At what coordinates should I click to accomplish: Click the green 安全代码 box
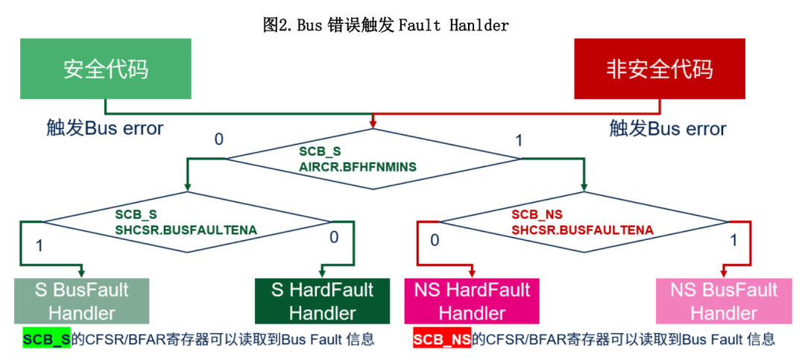pyautogui.click(x=105, y=69)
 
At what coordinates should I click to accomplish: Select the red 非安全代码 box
pyautogui.click(x=659, y=69)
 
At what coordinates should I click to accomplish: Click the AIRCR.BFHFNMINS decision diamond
pyautogui.click(x=373, y=159)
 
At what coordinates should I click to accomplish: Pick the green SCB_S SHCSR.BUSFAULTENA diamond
pyautogui.click(x=186, y=222)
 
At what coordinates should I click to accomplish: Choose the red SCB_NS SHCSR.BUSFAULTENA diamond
pyautogui.click(x=585, y=222)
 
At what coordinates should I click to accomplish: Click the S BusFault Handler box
pyautogui.click(x=82, y=301)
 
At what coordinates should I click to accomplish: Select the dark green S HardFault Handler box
pyautogui.click(x=322, y=301)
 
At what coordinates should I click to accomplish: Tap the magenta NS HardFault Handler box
pyautogui.click(x=472, y=301)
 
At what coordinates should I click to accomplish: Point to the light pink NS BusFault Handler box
pyautogui.click(x=724, y=301)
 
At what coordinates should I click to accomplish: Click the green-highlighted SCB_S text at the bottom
pyautogui.click(x=46, y=340)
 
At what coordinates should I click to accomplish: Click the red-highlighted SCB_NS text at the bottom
pyautogui.click(x=442, y=340)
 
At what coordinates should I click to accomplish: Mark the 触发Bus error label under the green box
pyautogui.click(x=104, y=128)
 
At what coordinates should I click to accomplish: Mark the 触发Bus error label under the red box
pyautogui.click(x=668, y=128)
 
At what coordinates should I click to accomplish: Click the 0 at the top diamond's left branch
pyautogui.click(x=218, y=139)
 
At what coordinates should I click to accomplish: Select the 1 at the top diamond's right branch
pyautogui.click(x=519, y=140)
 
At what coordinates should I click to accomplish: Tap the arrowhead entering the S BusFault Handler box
pyautogui.click(x=82, y=274)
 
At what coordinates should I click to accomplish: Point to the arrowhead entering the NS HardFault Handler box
pyautogui.click(x=472, y=274)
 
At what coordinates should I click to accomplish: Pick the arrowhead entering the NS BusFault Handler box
pyautogui.click(x=724, y=274)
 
